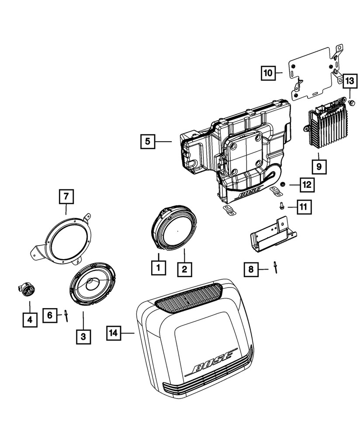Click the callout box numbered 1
159,267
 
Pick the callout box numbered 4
30,320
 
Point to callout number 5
148,141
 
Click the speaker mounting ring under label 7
66,240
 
